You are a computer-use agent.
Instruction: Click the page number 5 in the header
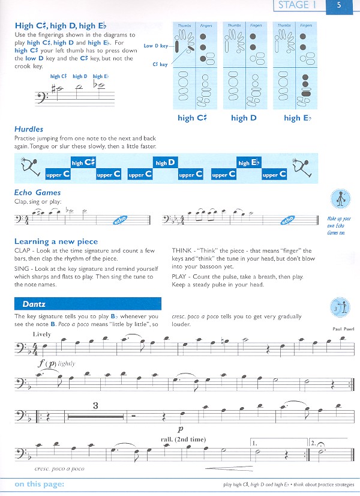pyautogui.click(x=339, y=6)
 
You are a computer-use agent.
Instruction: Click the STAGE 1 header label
pyautogui.click(x=295, y=6)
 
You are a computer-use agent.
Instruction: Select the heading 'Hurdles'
pyautogui.click(x=29, y=129)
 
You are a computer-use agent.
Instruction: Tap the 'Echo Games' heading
pyautogui.click(x=38, y=193)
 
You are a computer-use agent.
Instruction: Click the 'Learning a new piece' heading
pyautogui.click(x=56, y=241)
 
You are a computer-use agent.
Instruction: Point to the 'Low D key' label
pyautogui.click(x=156, y=46)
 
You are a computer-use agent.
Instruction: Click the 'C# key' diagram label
pyautogui.click(x=159, y=64)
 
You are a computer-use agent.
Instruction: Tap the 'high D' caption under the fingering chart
pyautogui.click(x=244, y=118)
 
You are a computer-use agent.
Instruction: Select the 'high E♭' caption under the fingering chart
pyautogui.click(x=298, y=118)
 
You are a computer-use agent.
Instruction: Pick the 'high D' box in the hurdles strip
pyautogui.click(x=165, y=163)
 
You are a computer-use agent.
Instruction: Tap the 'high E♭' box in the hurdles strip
pyautogui.click(x=248, y=163)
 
